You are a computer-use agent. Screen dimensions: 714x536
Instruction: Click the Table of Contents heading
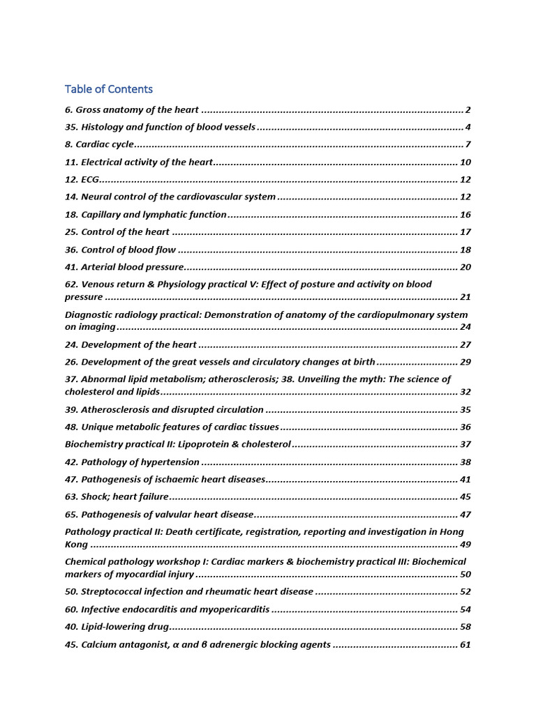point(108,89)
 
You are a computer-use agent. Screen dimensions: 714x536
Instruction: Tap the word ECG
point(90,180)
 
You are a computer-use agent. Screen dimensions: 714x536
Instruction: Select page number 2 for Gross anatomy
point(468,110)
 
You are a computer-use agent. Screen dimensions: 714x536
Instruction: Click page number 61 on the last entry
point(466,645)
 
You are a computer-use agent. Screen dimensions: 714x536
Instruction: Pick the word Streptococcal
point(110,592)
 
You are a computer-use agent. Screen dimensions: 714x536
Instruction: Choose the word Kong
point(76,545)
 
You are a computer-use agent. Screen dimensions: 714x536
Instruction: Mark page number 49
point(466,545)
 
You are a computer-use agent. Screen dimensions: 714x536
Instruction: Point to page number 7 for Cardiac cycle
point(468,145)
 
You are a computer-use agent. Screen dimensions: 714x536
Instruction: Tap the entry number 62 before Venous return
point(70,284)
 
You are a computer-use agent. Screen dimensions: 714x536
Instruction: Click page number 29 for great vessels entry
point(466,362)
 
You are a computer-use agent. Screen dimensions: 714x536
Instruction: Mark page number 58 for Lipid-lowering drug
point(466,627)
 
